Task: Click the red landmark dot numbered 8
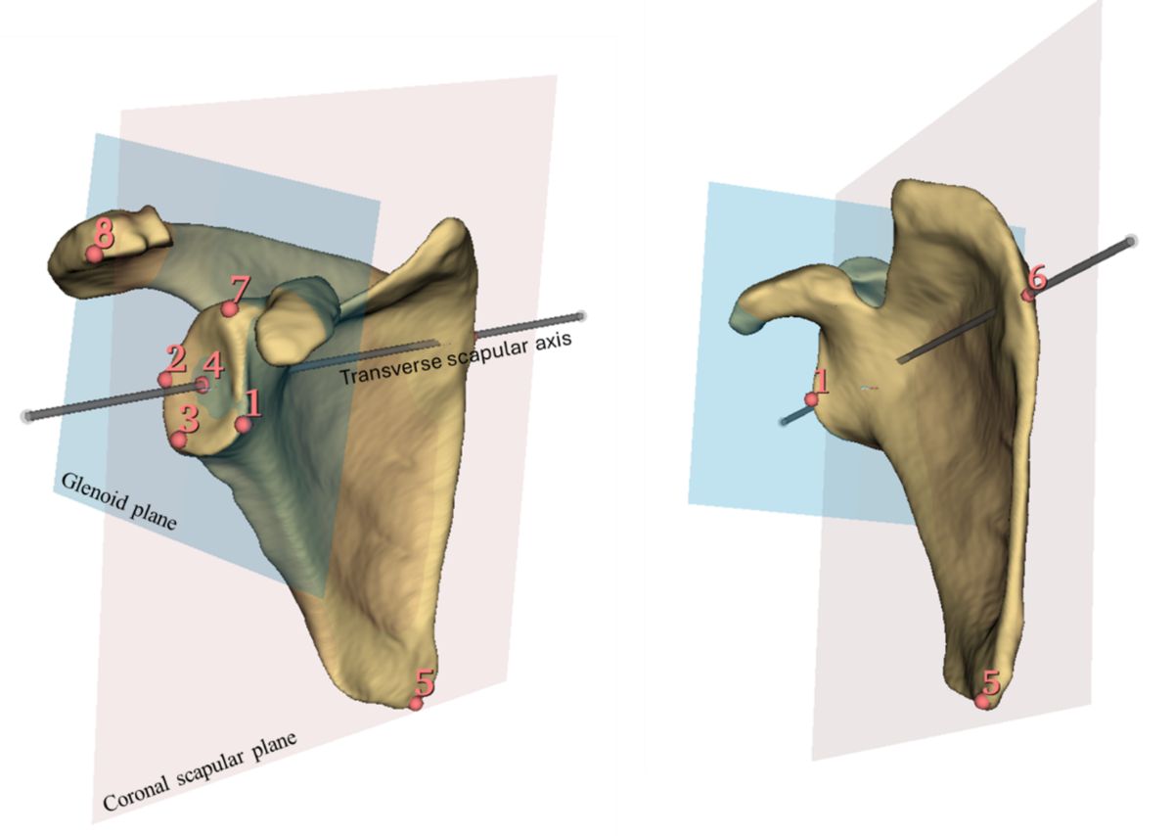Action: [x=94, y=255]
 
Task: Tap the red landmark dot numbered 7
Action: [x=229, y=309]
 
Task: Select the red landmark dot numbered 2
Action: [x=165, y=379]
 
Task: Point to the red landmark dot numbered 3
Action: [x=178, y=441]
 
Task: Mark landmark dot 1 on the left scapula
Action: [x=243, y=424]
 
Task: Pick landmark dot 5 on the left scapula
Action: [x=416, y=703]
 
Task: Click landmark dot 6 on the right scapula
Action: [x=1027, y=294]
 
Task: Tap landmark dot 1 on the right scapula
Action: [x=811, y=399]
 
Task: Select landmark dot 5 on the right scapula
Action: [x=982, y=701]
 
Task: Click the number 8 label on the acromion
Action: [x=104, y=233]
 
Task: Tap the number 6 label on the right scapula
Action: [x=1037, y=277]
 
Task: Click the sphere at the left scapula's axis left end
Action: [x=26, y=416]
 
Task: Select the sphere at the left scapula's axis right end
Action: [x=581, y=316]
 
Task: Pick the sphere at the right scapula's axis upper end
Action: [x=1131, y=241]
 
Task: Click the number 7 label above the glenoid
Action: [x=240, y=289]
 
